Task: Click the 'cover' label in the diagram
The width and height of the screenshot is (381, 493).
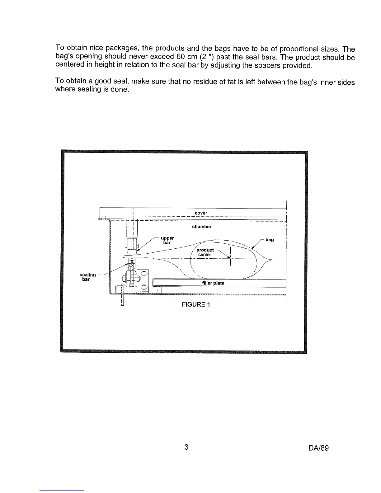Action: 201,213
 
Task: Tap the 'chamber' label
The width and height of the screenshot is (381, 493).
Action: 202,227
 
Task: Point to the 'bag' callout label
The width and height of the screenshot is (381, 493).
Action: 270,240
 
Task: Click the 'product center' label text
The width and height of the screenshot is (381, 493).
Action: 205,252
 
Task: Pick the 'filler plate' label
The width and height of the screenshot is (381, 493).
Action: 213,283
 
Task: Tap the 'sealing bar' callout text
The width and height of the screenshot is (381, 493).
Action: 87,277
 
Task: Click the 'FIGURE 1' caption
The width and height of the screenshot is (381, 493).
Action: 196,305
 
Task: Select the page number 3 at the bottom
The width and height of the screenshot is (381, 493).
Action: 186,447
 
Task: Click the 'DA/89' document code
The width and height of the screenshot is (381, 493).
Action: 318,448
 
